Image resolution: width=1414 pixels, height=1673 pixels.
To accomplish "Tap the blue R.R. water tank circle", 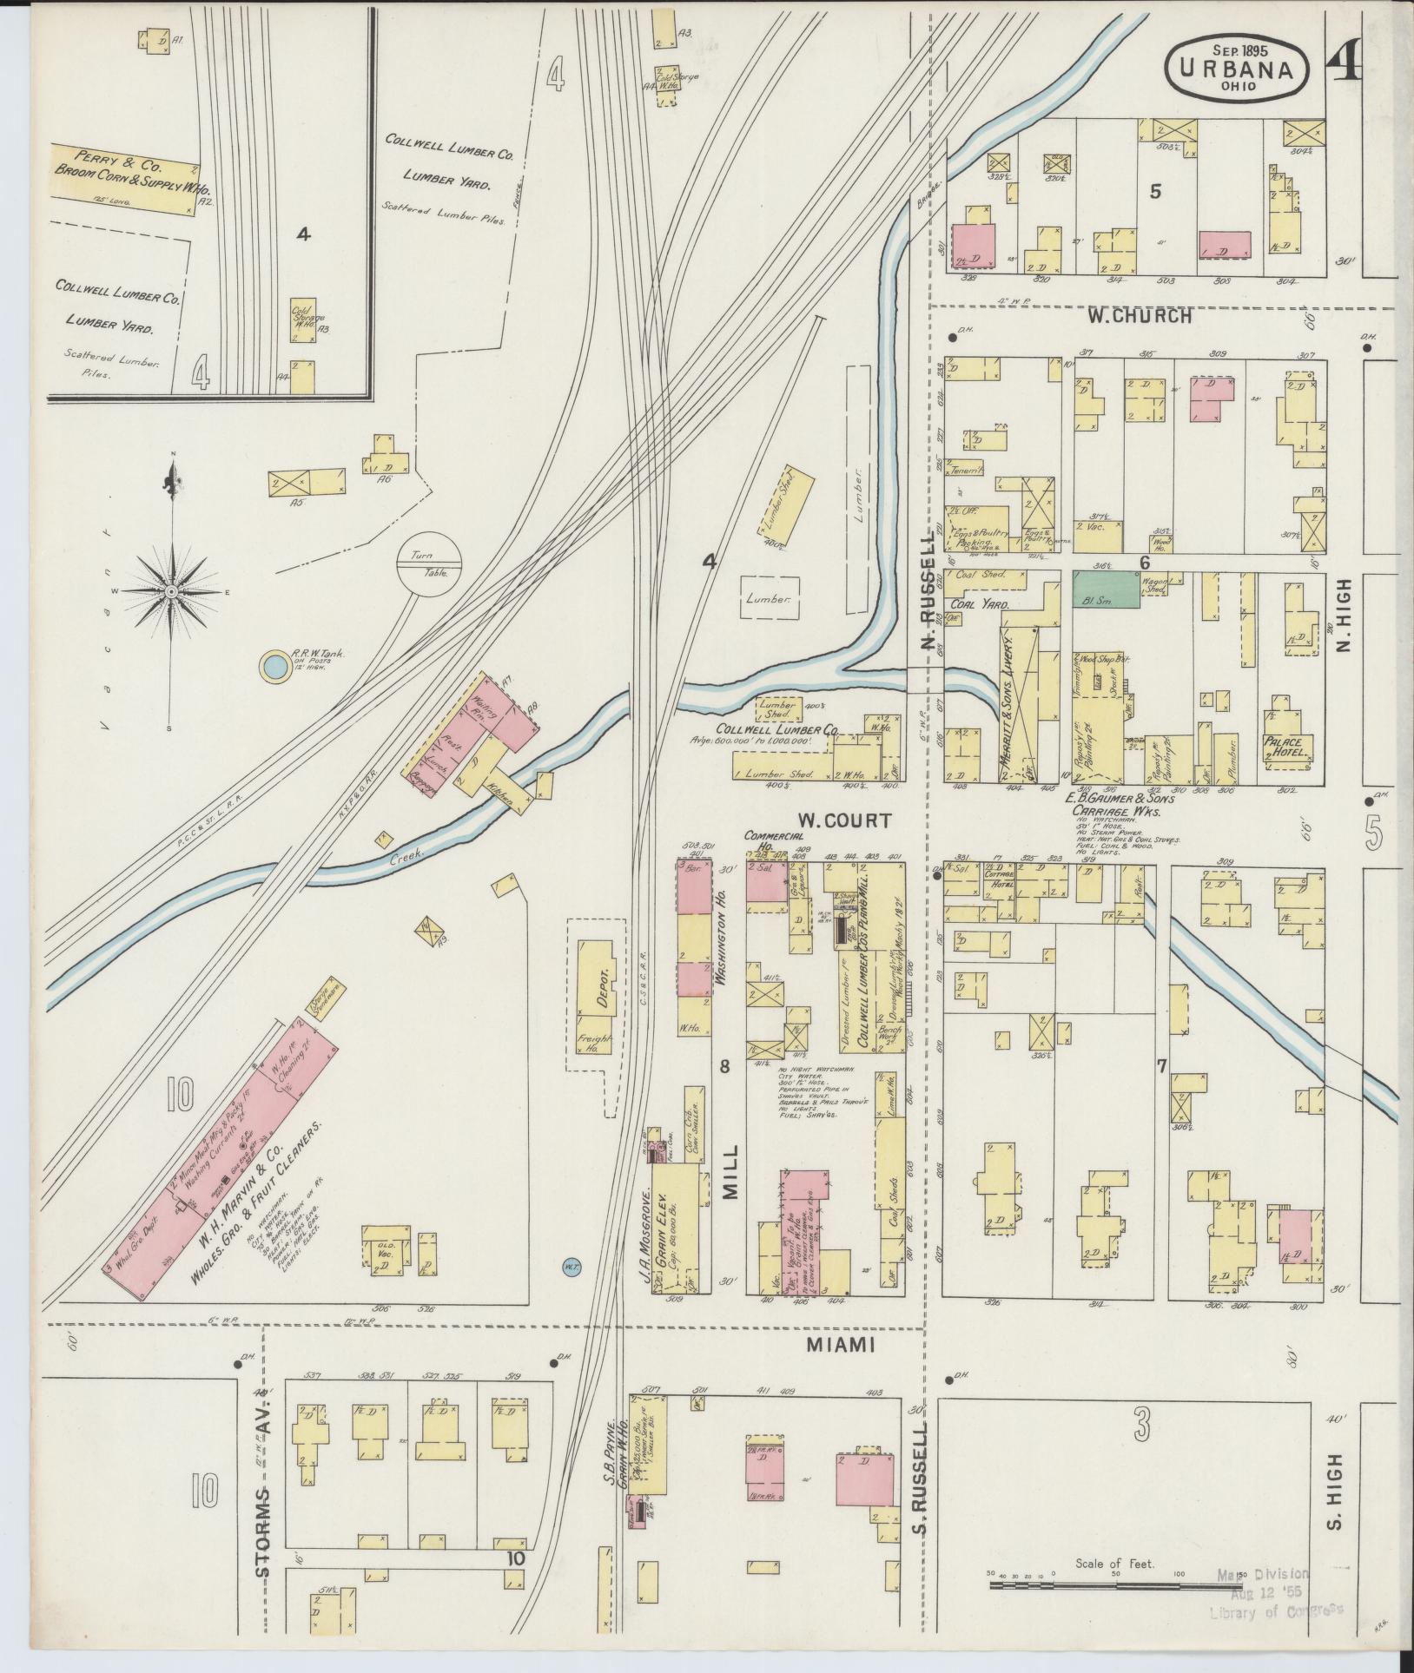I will click(274, 667).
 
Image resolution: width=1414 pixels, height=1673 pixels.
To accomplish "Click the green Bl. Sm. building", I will click(1106, 588).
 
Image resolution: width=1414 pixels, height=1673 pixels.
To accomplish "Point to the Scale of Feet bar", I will click(1115, 1586).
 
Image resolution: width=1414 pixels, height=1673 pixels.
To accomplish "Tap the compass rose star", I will click(172, 591).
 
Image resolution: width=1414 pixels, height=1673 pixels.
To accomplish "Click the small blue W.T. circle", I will click(572, 1268).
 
